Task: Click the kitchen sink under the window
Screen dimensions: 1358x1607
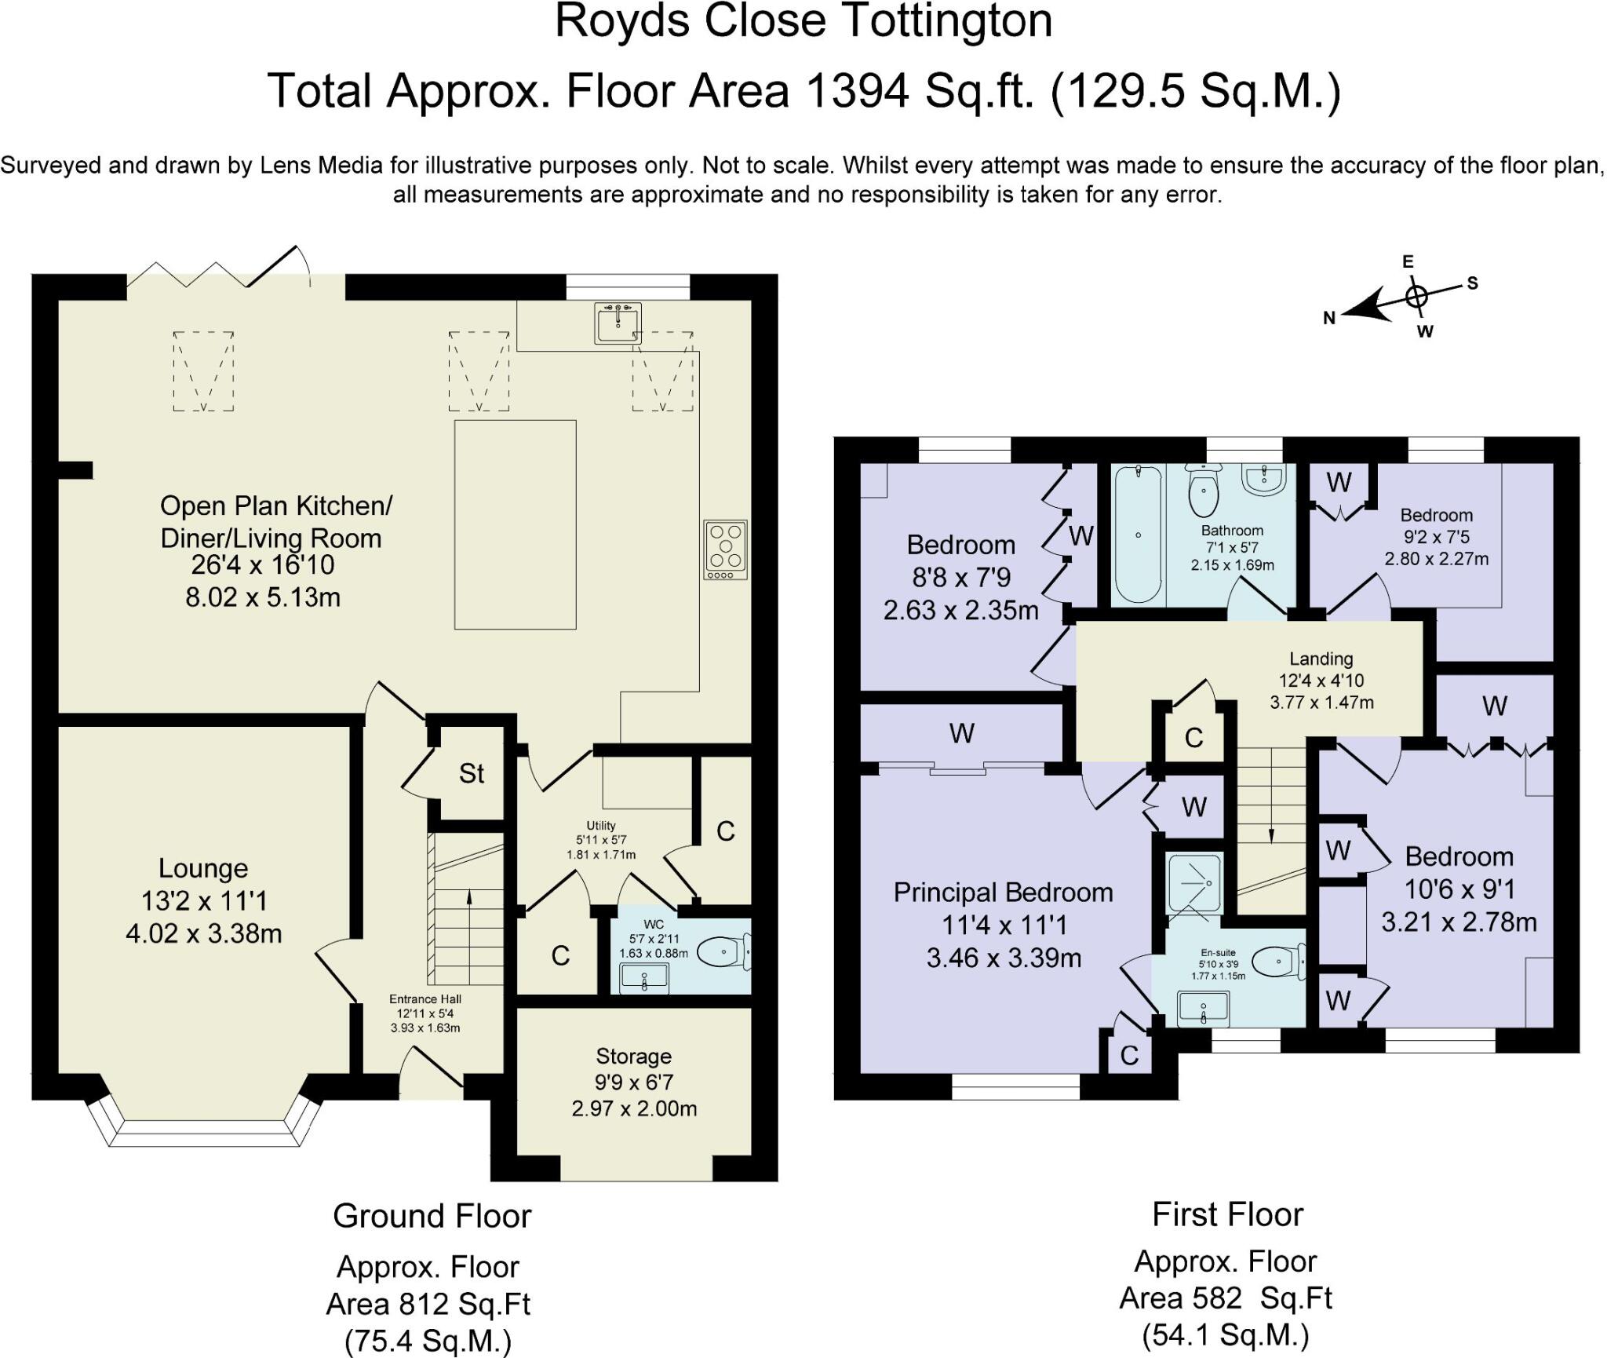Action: (618, 323)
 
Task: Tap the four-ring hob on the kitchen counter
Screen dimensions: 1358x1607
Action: (725, 549)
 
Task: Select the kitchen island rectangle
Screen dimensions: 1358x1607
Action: (515, 524)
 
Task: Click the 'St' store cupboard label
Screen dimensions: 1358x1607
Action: (472, 774)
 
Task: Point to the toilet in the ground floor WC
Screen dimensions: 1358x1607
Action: (723, 953)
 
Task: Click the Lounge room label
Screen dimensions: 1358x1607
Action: (203, 868)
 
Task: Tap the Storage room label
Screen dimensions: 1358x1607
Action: (633, 1057)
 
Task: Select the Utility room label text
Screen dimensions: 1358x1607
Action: (601, 826)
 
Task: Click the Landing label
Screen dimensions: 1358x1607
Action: (1321, 659)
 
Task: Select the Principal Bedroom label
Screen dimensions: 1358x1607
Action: (1003, 893)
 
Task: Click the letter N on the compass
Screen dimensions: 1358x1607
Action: (1329, 318)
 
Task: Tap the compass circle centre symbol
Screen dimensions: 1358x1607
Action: (1416, 297)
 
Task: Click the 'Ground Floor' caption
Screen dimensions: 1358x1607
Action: (432, 1216)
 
